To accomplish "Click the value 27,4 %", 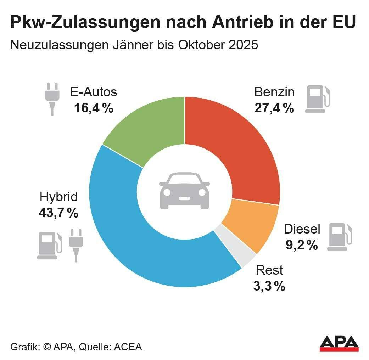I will point(274,108).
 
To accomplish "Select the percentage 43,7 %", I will point(58,213).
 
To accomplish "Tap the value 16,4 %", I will point(94,108).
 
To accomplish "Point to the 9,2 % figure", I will point(302,245).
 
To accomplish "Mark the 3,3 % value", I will point(269,286).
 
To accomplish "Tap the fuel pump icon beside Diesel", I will point(339,237).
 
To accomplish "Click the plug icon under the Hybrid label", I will point(76,245).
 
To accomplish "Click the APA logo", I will point(339,344).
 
